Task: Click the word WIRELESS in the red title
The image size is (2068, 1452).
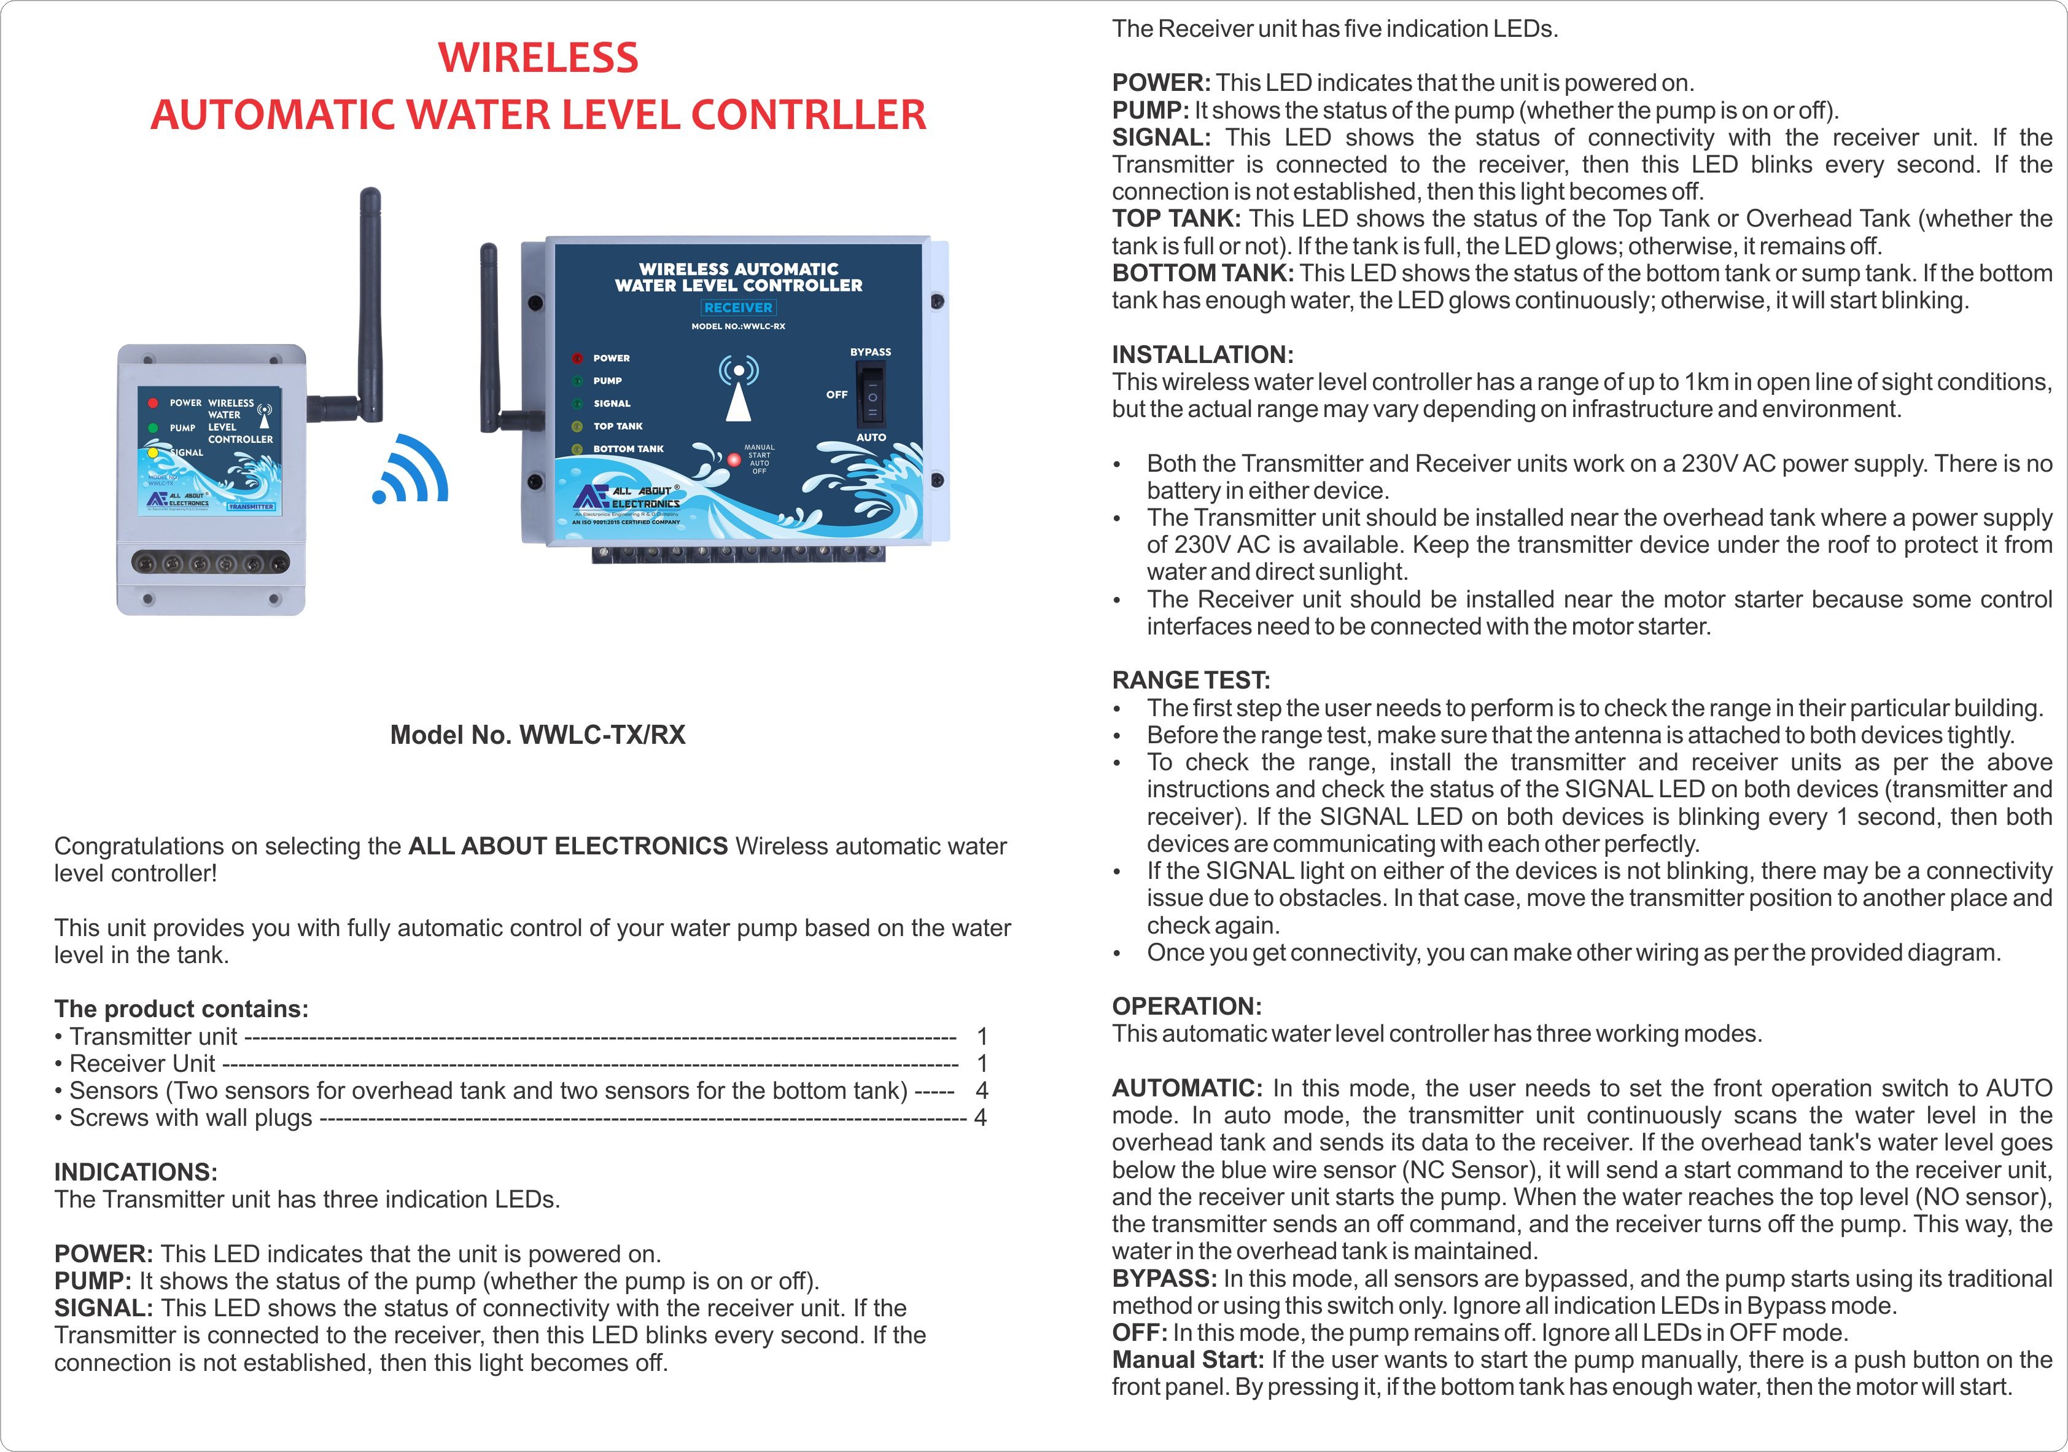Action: [538, 58]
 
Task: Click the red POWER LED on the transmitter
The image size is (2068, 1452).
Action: [153, 404]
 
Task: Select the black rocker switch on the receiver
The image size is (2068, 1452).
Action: [871, 394]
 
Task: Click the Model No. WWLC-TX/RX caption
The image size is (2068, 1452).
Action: [538, 735]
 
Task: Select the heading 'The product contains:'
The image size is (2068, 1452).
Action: [181, 1009]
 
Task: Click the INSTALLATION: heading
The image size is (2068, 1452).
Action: [1202, 355]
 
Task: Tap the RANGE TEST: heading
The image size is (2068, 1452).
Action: [1191, 680]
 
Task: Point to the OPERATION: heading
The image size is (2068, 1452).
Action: [1186, 1006]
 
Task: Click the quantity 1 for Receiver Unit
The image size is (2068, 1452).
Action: [982, 1064]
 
